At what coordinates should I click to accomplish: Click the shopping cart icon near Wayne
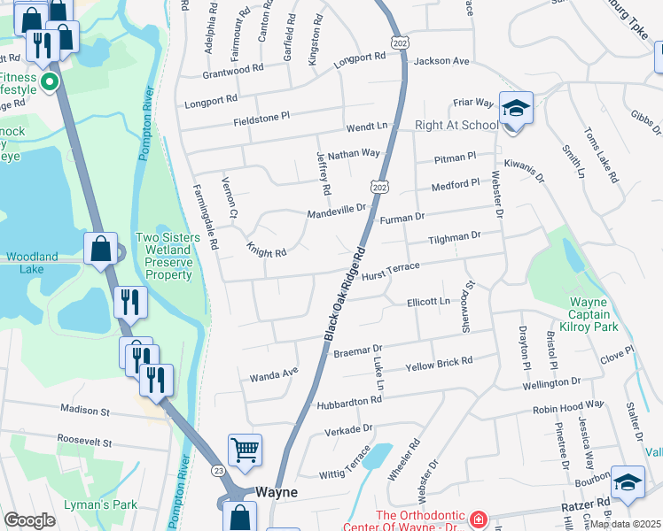pyautogui.click(x=245, y=449)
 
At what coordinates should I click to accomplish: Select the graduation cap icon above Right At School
pyautogui.click(x=516, y=108)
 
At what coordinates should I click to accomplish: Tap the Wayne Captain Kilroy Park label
pyautogui.click(x=589, y=315)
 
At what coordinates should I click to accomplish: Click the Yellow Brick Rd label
pyautogui.click(x=439, y=364)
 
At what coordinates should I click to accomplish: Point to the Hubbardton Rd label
pyautogui.click(x=351, y=401)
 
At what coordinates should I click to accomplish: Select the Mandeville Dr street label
pyautogui.click(x=336, y=211)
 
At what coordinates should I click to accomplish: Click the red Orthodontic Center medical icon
pyautogui.click(x=478, y=519)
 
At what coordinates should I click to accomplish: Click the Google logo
pyautogui.click(x=29, y=520)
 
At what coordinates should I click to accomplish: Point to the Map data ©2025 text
pyautogui.click(x=624, y=524)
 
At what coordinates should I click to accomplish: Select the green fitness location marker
pyautogui.click(x=50, y=84)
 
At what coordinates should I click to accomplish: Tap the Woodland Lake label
pyautogui.click(x=32, y=257)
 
